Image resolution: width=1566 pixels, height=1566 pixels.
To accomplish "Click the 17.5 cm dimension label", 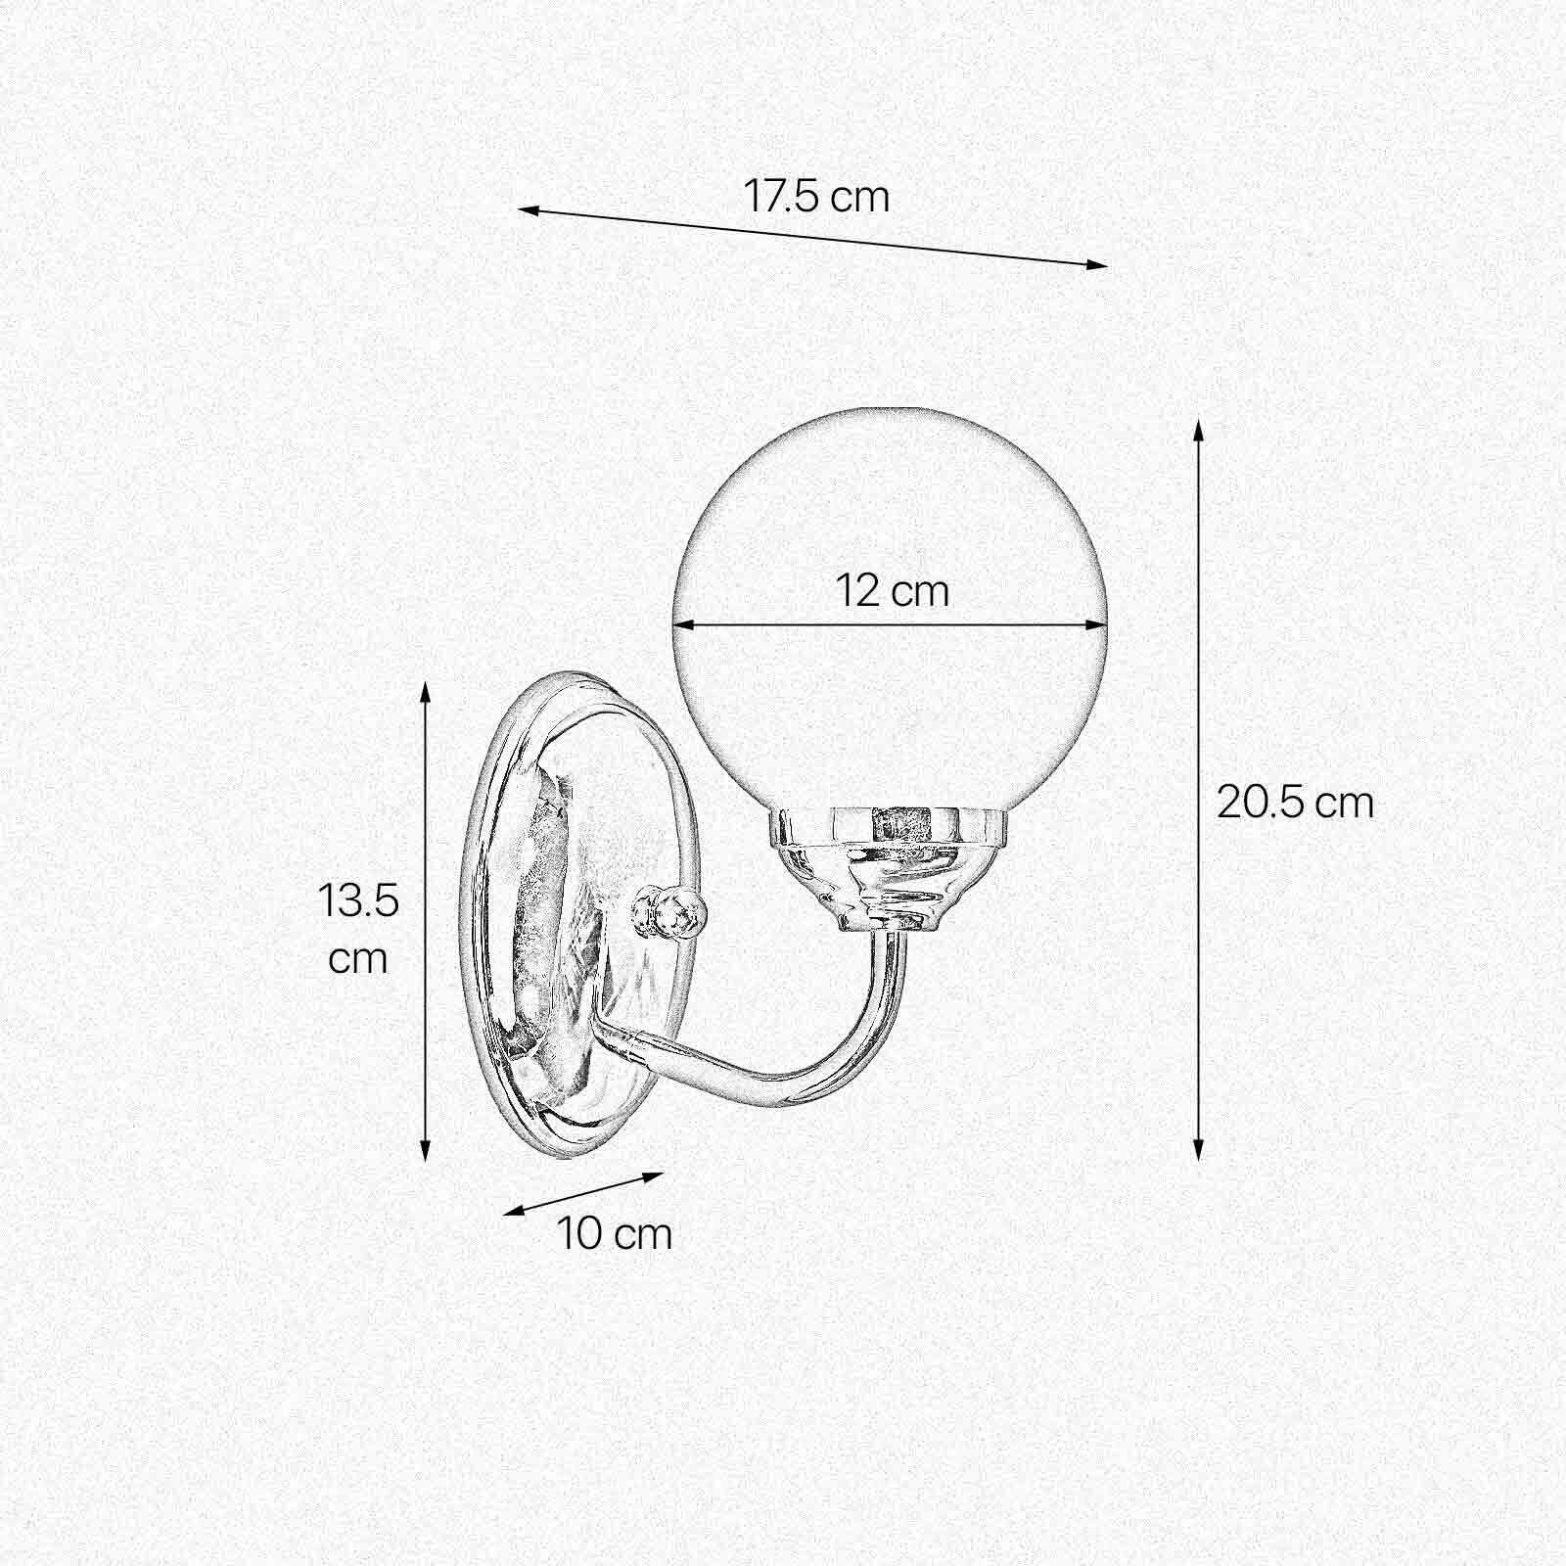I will tap(816, 197).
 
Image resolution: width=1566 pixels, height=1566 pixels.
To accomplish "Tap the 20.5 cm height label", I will tap(1295, 803).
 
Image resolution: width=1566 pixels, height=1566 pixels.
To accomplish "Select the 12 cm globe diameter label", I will tap(893, 591).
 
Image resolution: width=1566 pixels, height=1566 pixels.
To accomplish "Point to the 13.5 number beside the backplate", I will tap(358, 900).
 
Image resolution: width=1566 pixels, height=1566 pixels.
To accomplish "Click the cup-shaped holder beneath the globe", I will tap(886, 866).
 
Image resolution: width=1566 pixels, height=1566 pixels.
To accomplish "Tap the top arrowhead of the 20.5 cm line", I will tap(1198, 429).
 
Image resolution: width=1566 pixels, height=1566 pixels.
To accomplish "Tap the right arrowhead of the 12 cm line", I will tap(1100, 623).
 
